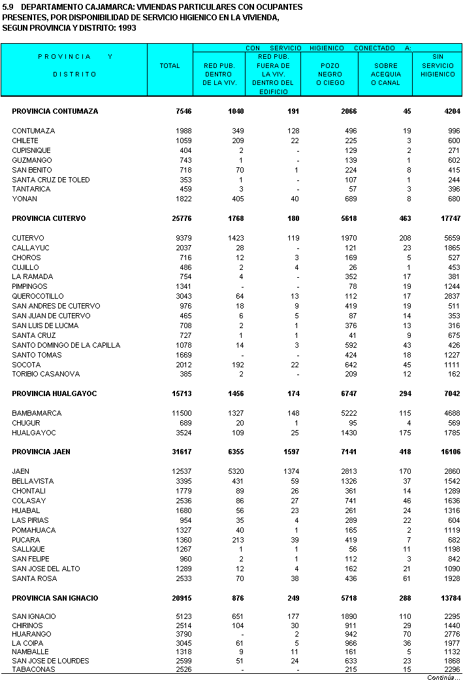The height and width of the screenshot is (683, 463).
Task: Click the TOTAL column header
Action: coord(170,66)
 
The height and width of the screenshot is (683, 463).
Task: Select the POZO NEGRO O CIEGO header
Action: coord(330,75)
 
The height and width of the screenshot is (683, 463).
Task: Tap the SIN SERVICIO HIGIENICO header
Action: coord(438,65)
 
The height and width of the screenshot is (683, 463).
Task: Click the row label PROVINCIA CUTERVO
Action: coord(49,218)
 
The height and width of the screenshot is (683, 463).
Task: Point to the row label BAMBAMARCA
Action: coord(37,413)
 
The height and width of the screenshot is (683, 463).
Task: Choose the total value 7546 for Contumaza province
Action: coord(184,111)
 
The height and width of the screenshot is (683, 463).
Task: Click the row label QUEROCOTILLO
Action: coord(38,296)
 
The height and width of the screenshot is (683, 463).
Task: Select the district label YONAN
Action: coord(25,199)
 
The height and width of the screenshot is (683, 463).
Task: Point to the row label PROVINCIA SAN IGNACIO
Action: coord(55,598)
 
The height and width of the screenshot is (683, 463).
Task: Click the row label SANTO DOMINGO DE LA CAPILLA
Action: coord(66,345)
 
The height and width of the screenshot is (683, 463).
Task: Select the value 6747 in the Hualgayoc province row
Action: coord(345,393)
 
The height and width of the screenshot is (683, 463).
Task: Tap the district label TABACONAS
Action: coord(33,669)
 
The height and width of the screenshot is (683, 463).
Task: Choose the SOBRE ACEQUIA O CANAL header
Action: coord(385,75)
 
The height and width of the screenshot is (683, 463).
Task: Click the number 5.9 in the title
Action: coord(8,7)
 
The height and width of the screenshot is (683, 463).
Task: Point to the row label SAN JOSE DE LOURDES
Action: coord(51,661)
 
